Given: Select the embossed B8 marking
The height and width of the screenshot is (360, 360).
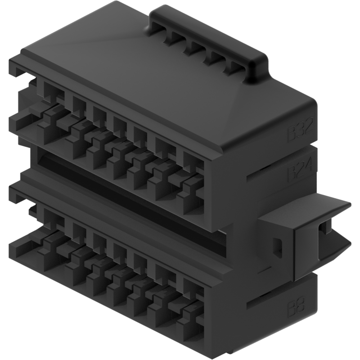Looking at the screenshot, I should [x=296, y=308].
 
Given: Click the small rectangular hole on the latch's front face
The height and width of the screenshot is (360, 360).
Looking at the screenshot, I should [x=278, y=247].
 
